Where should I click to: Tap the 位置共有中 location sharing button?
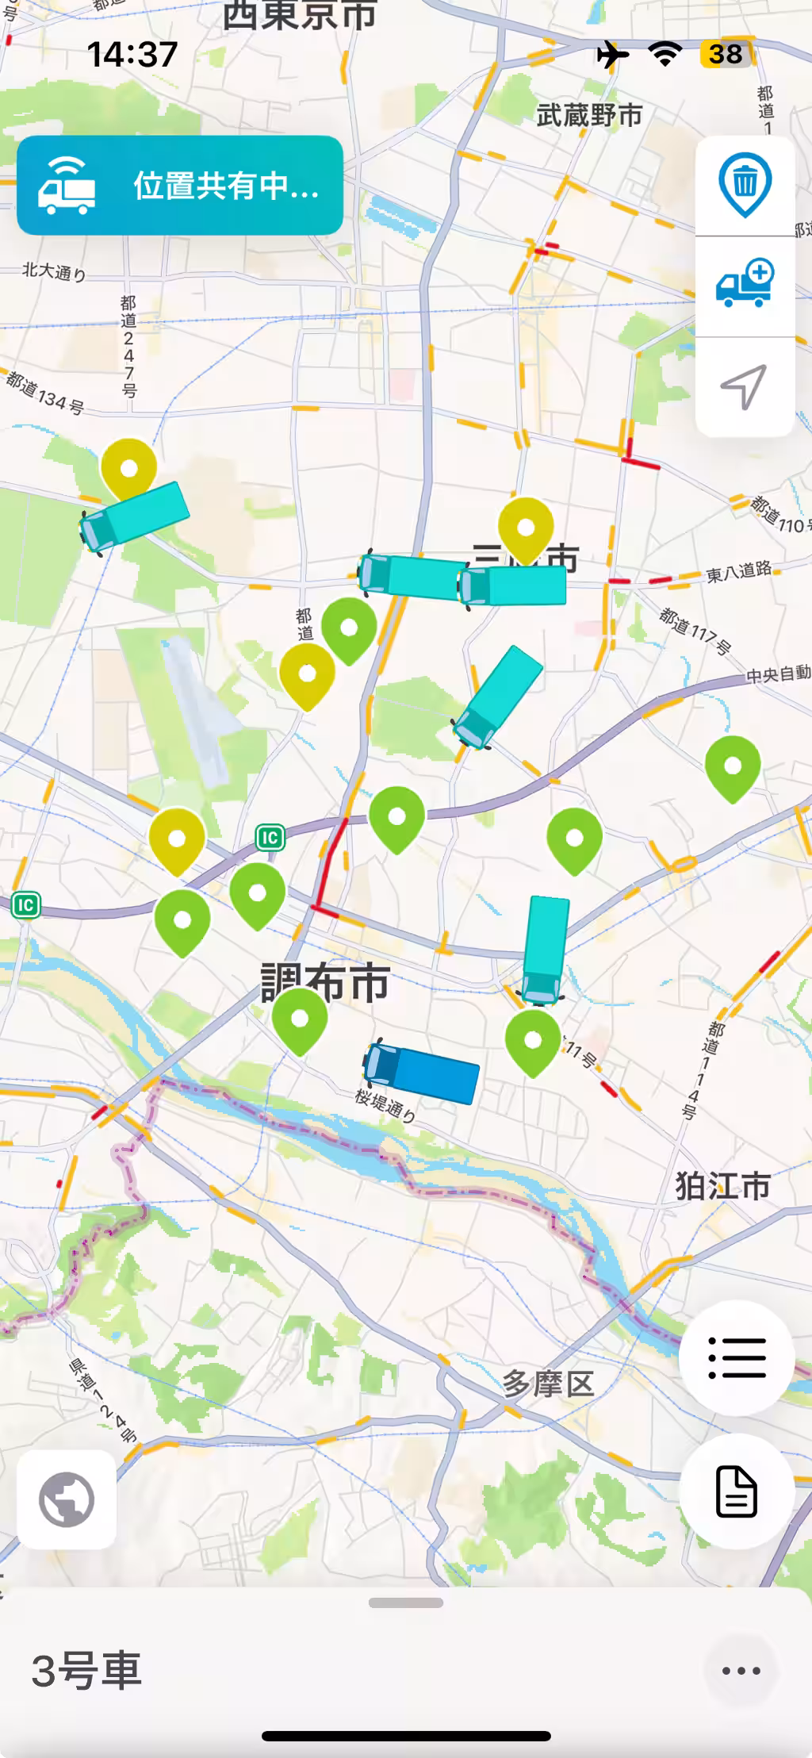(x=180, y=186)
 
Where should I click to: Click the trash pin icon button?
(x=745, y=184)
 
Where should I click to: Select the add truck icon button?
(x=745, y=284)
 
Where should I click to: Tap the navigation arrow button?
(x=745, y=387)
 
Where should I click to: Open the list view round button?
(x=737, y=1357)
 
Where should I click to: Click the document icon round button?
(x=737, y=1491)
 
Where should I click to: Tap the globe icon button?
(x=67, y=1499)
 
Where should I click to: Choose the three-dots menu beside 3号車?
(x=741, y=1671)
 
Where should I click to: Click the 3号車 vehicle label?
(x=86, y=1670)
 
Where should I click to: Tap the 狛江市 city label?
(x=722, y=1186)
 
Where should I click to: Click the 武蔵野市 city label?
(x=589, y=116)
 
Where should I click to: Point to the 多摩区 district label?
(x=548, y=1384)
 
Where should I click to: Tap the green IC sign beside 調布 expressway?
(x=270, y=837)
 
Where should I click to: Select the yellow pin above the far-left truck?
(x=128, y=469)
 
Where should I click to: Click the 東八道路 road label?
(x=738, y=572)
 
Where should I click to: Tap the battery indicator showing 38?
(x=725, y=54)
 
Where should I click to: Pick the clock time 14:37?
(x=132, y=54)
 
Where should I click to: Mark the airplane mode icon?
(x=613, y=54)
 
